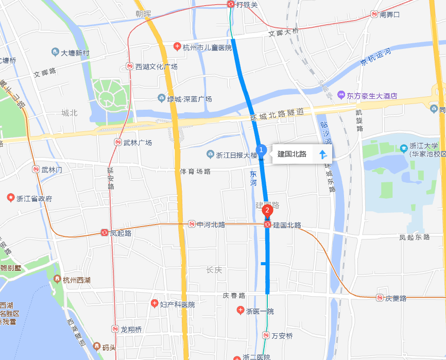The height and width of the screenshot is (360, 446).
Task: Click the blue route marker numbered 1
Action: [x=261, y=150]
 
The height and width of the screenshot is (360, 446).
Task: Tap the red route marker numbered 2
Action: [x=267, y=210]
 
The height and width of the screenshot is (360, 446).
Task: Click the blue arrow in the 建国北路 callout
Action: [x=323, y=153]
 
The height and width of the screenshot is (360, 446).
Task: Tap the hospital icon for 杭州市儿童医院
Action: [x=177, y=47]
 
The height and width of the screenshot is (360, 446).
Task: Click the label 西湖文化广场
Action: [x=156, y=67]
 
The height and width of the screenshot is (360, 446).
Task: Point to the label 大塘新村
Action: [x=75, y=53]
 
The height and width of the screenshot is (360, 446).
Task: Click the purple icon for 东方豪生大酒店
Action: [x=341, y=95]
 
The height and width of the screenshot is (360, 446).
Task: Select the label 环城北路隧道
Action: [x=277, y=114]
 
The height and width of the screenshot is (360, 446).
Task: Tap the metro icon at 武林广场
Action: [x=118, y=143]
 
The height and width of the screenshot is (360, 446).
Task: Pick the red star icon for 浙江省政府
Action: [x=10, y=198]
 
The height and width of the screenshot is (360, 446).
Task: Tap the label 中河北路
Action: [x=211, y=225]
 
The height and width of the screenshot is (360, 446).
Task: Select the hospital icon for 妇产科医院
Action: [x=154, y=304]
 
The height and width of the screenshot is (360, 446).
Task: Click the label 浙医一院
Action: [x=260, y=311]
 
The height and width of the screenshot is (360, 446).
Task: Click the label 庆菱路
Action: [x=396, y=298]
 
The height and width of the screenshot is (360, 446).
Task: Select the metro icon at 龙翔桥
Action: [x=115, y=329]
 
